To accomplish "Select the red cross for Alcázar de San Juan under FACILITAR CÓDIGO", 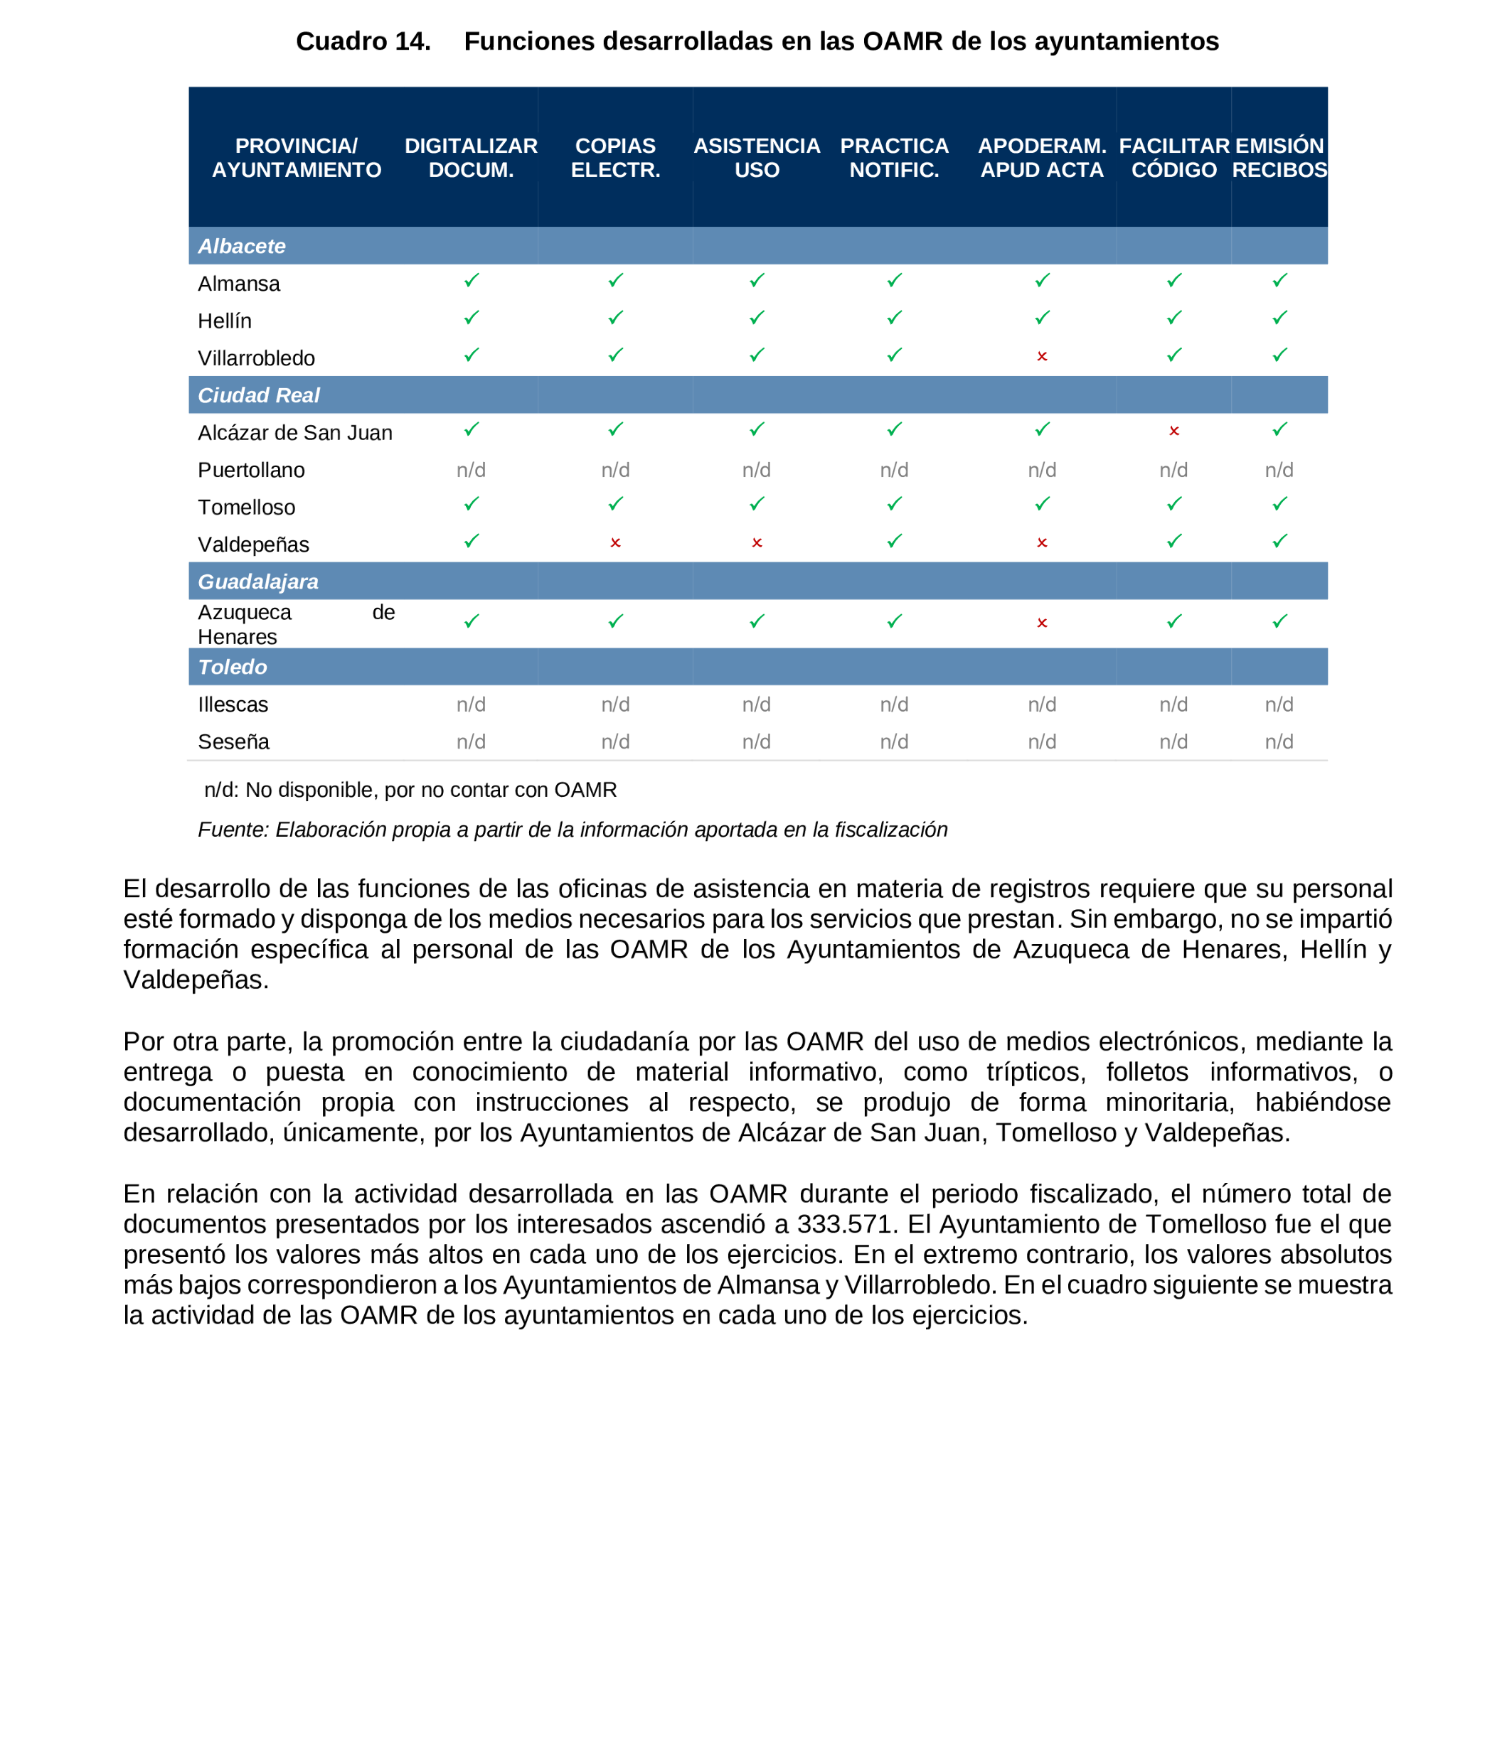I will click(1173, 432).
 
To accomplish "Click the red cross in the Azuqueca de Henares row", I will click(1041, 623).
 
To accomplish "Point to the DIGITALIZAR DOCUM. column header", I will click(471, 157).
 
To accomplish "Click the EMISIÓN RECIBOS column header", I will click(1279, 157).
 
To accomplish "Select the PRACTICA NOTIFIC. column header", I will click(894, 157).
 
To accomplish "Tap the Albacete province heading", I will click(242, 246).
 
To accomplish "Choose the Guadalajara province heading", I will click(258, 581).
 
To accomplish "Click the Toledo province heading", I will click(233, 667).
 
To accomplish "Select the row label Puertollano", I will click(251, 470).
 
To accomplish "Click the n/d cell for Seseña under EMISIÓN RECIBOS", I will click(1279, 742).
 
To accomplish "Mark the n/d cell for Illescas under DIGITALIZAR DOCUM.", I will click(471, 704).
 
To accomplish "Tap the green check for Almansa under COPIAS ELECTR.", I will click(615, 280).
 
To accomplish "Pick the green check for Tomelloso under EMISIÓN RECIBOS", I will click(1279, 504).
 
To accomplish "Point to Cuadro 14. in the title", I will click(363, 41).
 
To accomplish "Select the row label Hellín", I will click(225, 321).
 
